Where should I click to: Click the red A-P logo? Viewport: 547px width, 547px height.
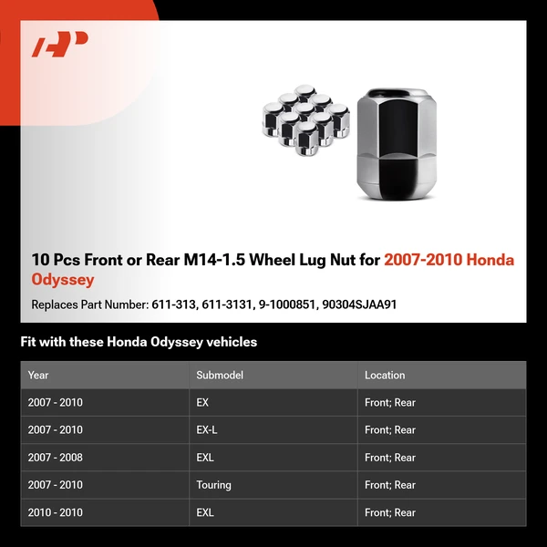tap(60, 45)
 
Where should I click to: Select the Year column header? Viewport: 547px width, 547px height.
tap(38, 375)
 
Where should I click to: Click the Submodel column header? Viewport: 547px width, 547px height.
tap(220, 375)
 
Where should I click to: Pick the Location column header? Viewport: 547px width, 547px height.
tap(385, 375)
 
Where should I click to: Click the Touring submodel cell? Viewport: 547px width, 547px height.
tap(214, 485)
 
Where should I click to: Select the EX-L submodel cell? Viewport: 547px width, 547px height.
tap(207, 429)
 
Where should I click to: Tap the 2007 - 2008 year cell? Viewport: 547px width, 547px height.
tap(56, 458)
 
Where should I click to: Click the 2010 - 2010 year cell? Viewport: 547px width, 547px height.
tap(56, 512)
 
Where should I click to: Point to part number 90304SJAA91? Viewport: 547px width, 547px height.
tap(360, 304)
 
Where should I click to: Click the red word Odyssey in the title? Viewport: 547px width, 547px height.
tap(63, 280)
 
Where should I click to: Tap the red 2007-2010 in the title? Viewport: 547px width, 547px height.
tap(424, 260)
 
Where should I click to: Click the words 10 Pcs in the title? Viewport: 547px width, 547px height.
tap(55, 260)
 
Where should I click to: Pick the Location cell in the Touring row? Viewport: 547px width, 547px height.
tap(390, 485)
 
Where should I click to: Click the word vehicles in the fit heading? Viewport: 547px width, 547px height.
tap(232, 342)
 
